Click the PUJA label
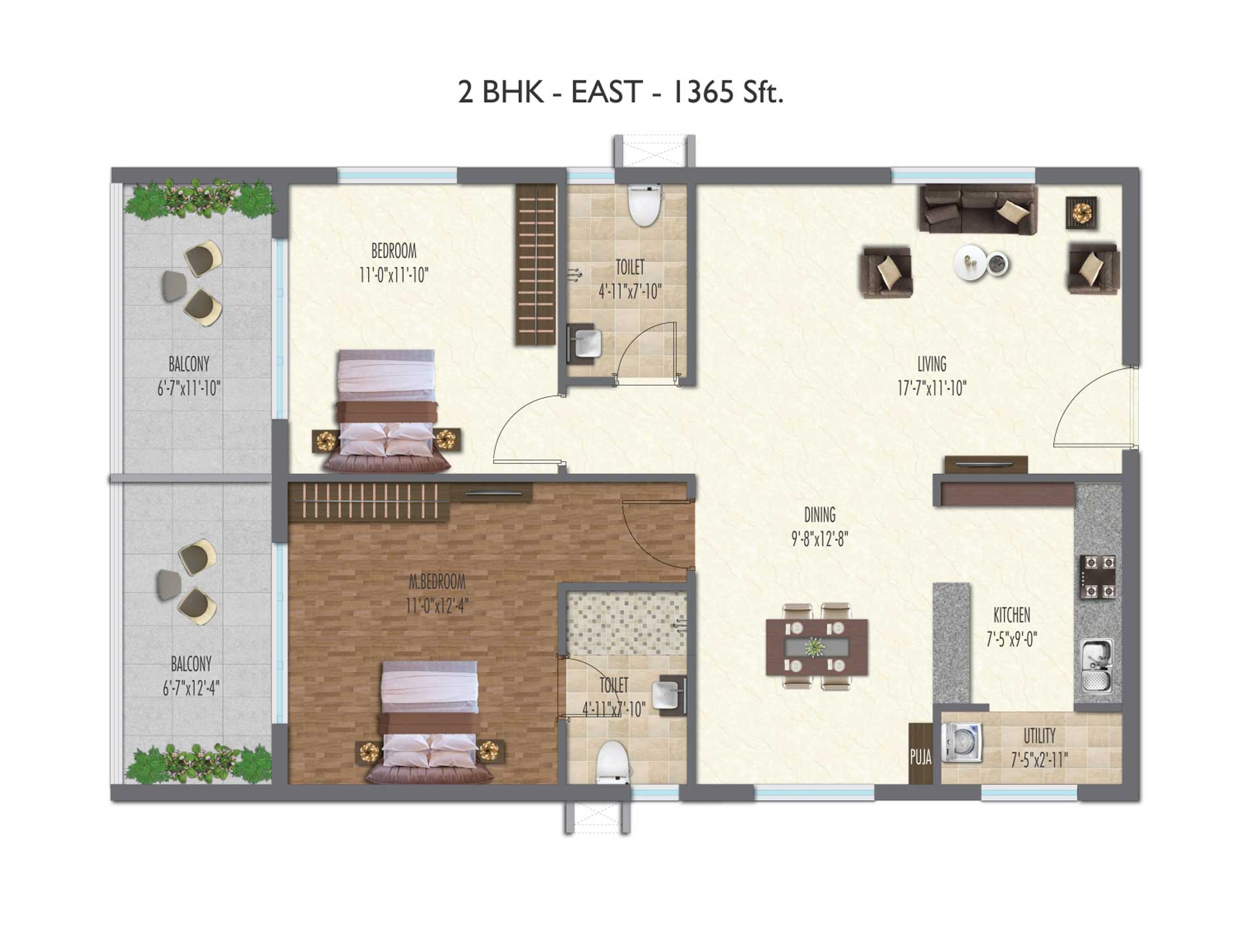[920, 757]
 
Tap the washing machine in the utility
[962, 742]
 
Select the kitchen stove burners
[1098, 577]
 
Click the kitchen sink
[1098, 666]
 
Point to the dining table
[817, 647]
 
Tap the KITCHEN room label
[1012, 615]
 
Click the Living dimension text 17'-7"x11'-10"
[931, 388]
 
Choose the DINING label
[820, 515]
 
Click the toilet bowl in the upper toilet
[645, 205]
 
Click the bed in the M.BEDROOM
[430, 722]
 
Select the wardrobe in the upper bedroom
[536, 264]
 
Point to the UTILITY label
[1039, 736]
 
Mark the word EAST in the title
[607, 92]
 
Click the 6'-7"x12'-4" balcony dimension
[191, 688]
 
